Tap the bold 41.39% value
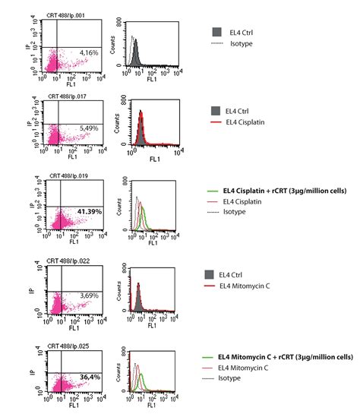(x=86, y=209)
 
